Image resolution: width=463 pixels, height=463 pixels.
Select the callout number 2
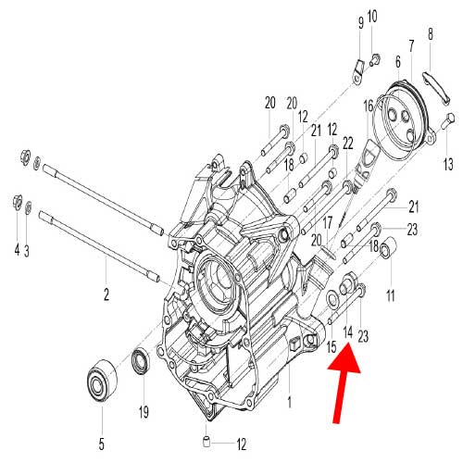pos(106,295)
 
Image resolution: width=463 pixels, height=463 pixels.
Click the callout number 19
pos(144,411)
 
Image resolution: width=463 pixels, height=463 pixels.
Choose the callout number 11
pos(390,294)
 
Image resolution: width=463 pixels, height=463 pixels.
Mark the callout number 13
pos(448,163)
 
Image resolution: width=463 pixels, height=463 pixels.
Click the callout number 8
pos(430,35)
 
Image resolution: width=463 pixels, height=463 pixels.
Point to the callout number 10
pos(373,17)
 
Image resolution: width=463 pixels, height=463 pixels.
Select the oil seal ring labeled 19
pos(142,361)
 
